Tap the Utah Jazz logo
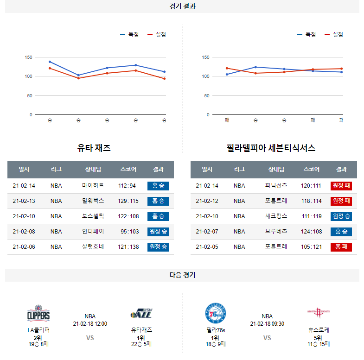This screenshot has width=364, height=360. [141, 314]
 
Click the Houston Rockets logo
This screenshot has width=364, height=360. [319, 313]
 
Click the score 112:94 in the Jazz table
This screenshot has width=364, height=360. [127, 186]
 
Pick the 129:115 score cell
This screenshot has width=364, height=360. [128, 201]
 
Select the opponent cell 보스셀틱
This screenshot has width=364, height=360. [93, 216]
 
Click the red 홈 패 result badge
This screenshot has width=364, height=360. [341, 247]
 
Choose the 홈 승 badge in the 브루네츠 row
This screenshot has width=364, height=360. [341, 232]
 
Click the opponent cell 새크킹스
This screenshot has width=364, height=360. [276, 216]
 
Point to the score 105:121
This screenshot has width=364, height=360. [311, 247]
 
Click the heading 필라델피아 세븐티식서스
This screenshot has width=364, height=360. [271, 148]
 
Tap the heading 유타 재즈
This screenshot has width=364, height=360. [94, 148]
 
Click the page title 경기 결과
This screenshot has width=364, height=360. [182, 6]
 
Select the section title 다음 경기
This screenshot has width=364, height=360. [182, 275]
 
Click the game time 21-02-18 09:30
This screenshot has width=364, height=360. [267, 324]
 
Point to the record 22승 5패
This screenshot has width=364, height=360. [141, 344]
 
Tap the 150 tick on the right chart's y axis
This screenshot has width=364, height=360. [206, 57]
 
